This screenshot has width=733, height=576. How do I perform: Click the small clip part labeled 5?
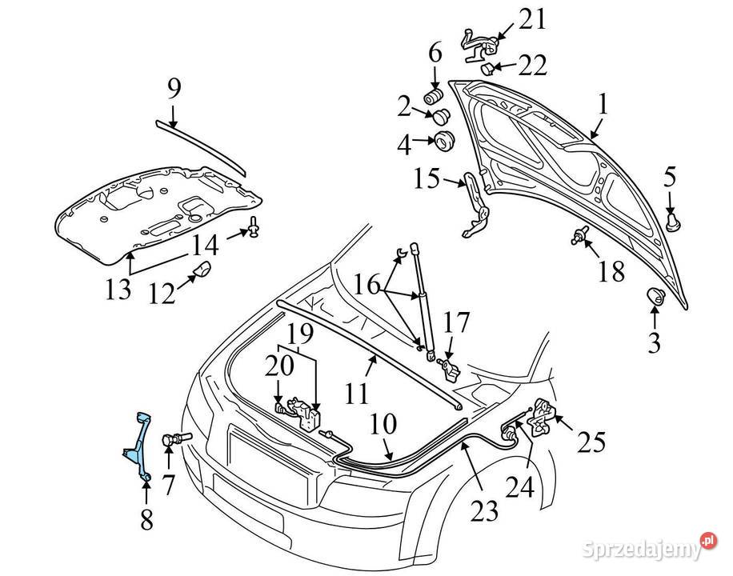[x=673, y=220]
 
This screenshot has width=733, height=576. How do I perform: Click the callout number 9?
[x=174, y=90]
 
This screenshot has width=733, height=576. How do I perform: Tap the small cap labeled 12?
[x=201, y=270]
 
